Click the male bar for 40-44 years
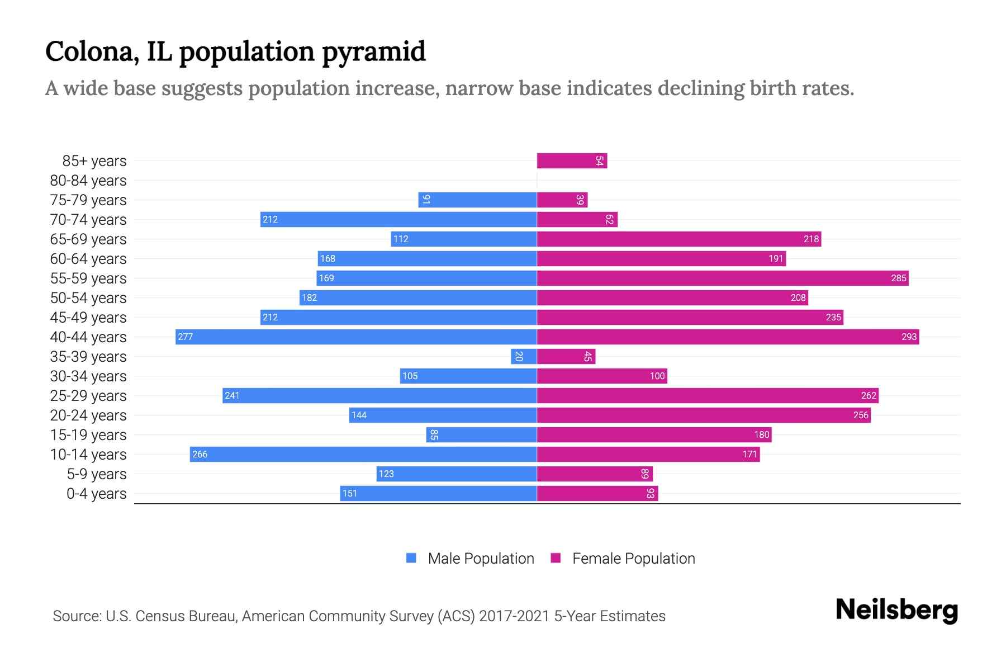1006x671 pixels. (356, 337)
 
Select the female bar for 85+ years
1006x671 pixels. (572, 161)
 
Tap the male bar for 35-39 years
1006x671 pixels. (524, 357)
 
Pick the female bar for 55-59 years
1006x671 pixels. (723, 278)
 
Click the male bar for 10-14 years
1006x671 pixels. (363, 454)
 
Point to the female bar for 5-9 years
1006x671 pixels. (595, 474)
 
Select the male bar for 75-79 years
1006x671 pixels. (477, 200)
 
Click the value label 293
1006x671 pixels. (909, 337)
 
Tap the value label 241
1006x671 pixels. (232, 396)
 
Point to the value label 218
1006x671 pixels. (811, 239)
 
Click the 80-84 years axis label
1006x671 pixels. (88, 181)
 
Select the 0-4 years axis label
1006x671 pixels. (96, 494)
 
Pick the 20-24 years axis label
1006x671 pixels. (88, 415)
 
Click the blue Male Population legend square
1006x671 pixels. (411, 558)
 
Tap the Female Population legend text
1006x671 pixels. (633, 559)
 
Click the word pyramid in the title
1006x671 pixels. (374, 51)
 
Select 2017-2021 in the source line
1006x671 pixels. (514, 616)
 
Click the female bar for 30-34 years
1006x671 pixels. (602, 376)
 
